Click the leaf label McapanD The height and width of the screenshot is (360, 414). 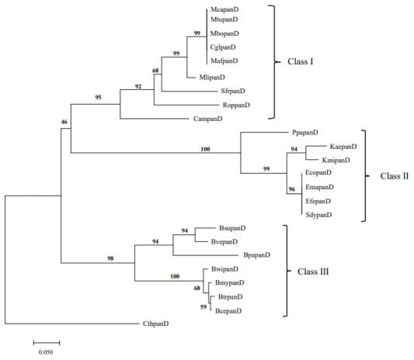point(224,9)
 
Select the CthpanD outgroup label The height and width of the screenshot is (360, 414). point(155,324)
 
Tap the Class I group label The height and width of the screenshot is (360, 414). point(300,61)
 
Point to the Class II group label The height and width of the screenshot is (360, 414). point(395,176)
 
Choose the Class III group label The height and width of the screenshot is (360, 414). point(313,272)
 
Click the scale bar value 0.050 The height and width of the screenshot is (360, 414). point(46,352)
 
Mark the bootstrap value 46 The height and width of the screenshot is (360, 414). point(64,122)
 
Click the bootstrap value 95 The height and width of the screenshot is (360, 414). point(98,97)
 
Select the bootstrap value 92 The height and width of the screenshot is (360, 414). point(138,86)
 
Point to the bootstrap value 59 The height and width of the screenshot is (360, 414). point(204,306)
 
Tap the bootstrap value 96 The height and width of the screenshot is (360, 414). point(292,189)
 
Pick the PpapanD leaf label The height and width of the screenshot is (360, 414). point(305,133)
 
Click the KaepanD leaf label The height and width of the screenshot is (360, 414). point(343,147)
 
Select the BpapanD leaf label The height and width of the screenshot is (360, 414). point(256,254)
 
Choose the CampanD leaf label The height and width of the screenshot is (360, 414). point(208,119)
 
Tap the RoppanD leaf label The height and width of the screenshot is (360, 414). point(236,105)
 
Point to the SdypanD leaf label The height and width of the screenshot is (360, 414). point(318,215)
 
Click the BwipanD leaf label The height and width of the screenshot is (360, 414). point(224,269)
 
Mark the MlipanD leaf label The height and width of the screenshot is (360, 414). point(212,78)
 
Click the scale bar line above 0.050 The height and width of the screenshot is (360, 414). point(47,343)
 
